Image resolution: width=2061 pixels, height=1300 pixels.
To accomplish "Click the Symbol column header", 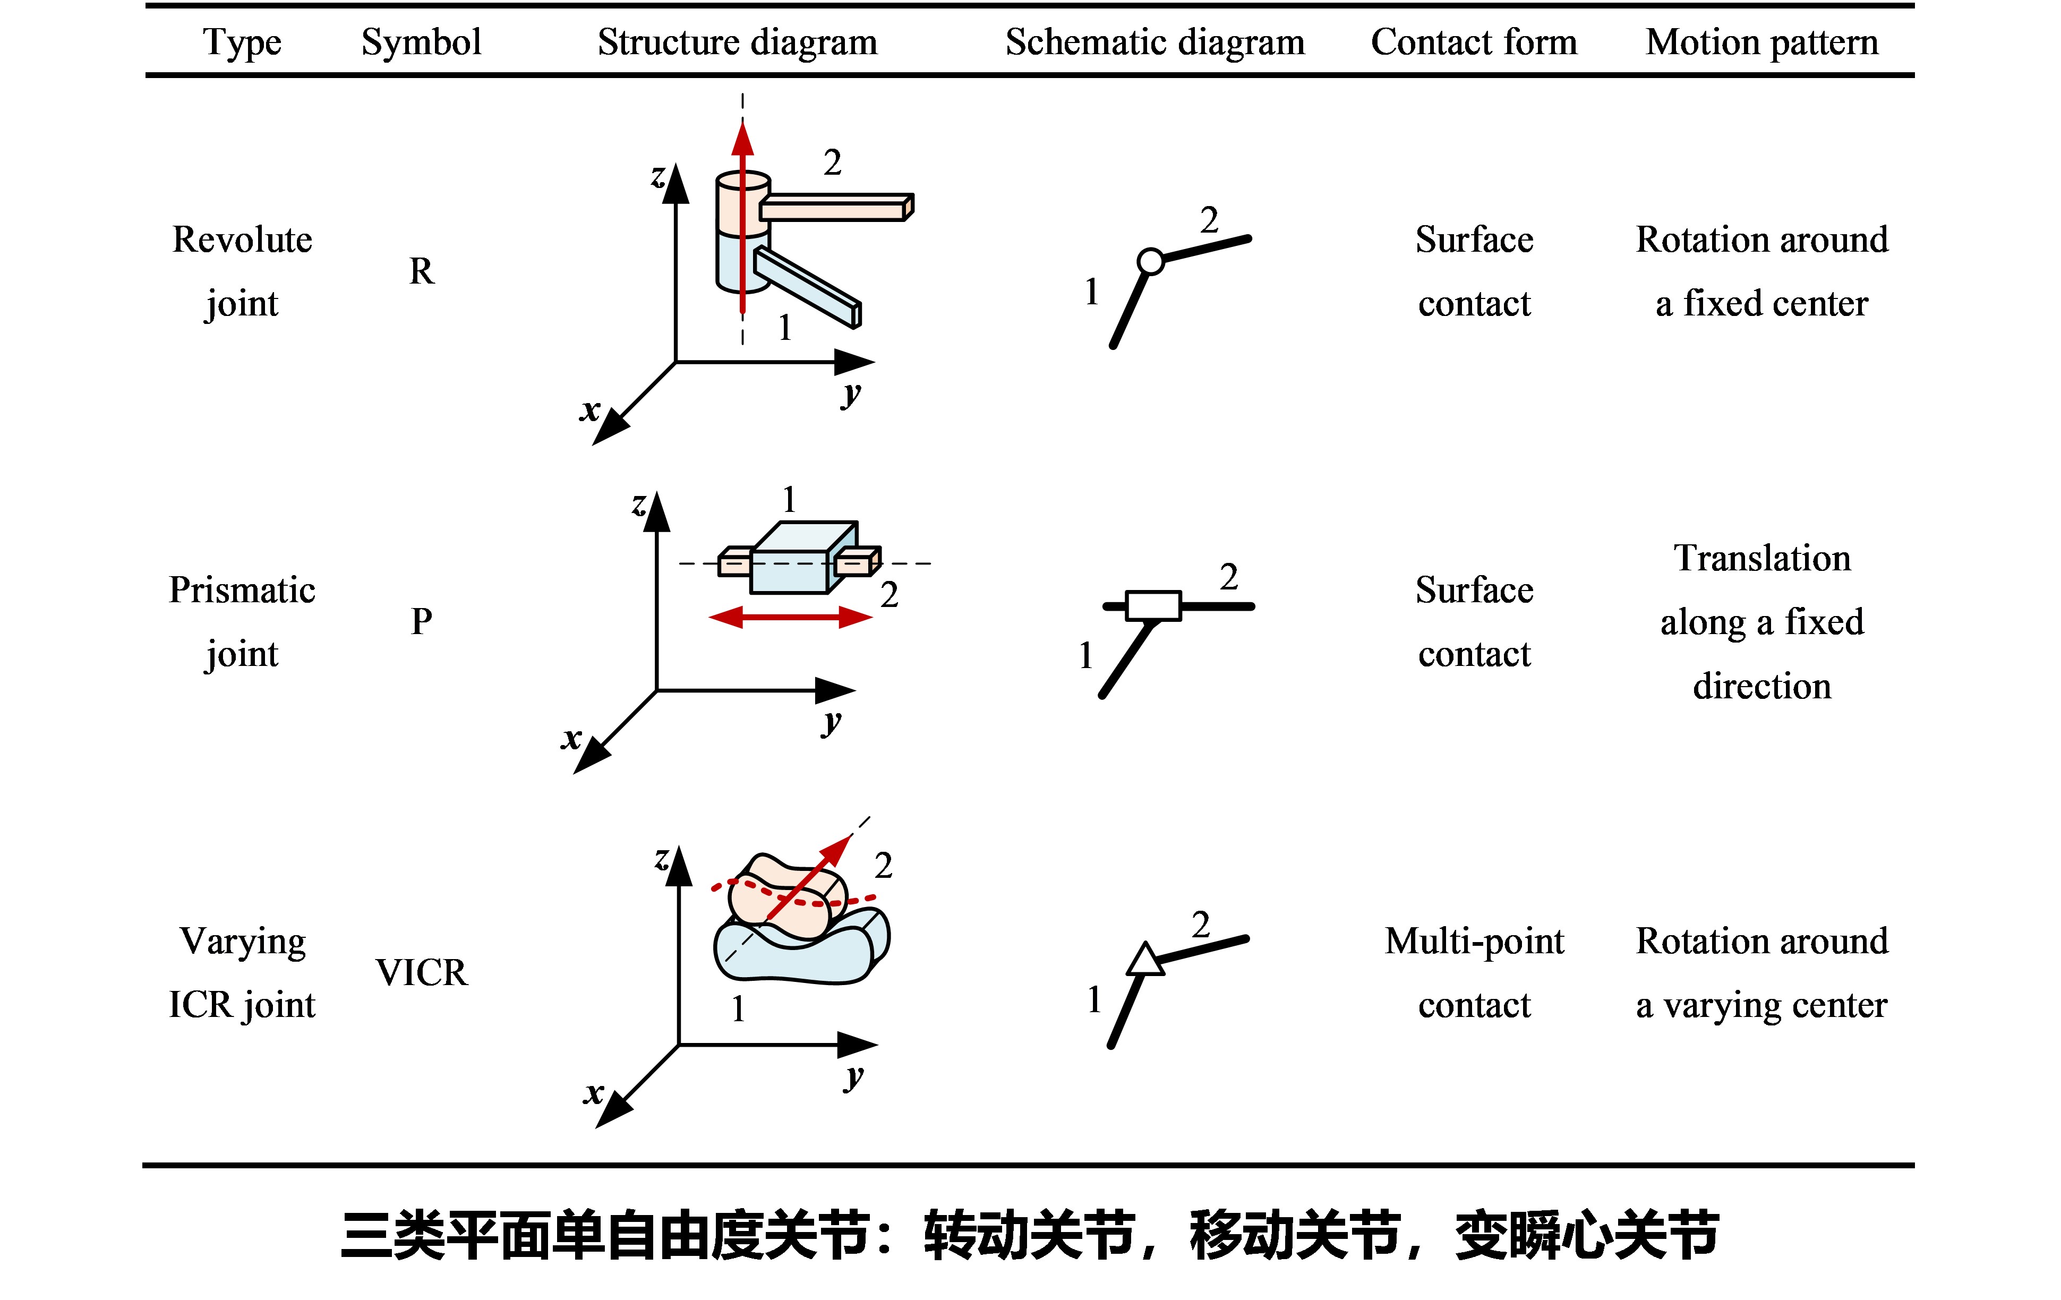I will coord(421,42).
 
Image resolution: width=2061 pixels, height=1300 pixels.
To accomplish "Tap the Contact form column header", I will coord(1474,42).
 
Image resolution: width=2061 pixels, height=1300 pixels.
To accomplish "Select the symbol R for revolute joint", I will coord(421,271).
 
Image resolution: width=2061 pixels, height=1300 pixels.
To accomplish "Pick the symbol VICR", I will coord(421,972).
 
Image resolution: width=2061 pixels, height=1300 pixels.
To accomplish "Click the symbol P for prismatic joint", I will coord(421,621).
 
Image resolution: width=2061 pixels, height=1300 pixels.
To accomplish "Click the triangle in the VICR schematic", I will coord(1144,960).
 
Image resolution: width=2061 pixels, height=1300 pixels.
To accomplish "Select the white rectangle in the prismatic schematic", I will coord(1153,605).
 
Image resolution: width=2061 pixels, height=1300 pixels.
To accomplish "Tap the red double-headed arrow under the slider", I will coord(791,617).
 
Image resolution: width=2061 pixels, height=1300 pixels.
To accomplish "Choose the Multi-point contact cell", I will coord(1474,972).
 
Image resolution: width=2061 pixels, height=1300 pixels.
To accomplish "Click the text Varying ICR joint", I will coord(242,972).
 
